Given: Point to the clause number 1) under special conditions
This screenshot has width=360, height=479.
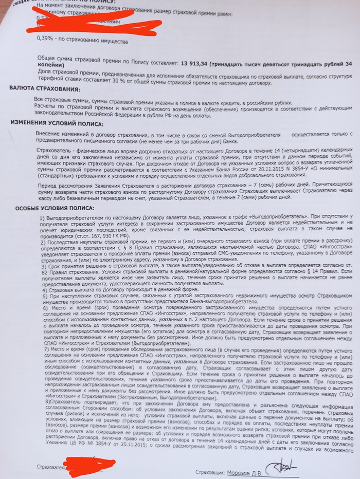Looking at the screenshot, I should click(x=43, y=219).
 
